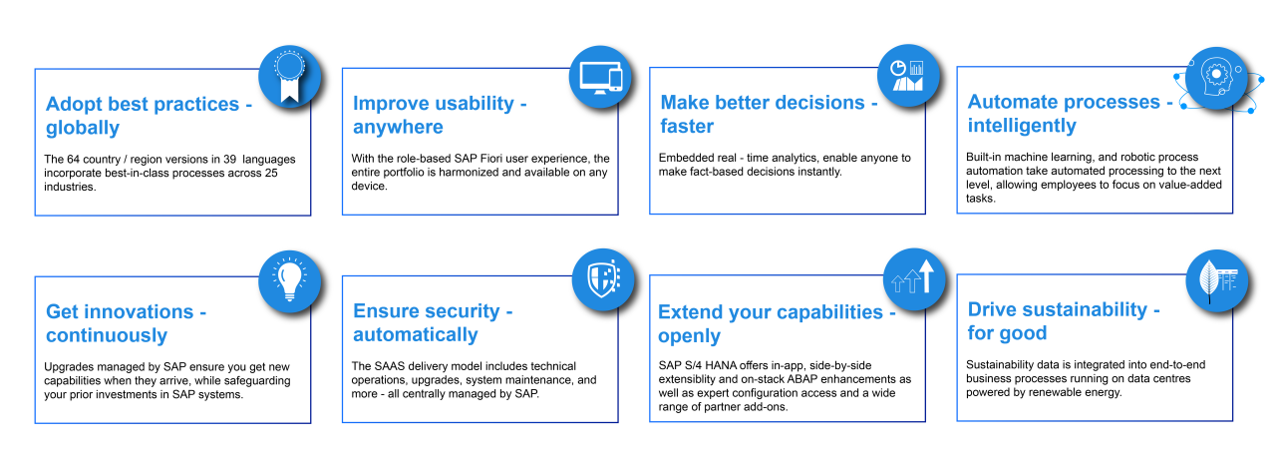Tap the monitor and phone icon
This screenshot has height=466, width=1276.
tap(600, 77)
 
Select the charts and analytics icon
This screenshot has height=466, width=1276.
tap(907, 75)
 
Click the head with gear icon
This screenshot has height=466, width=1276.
tap(1216, 79)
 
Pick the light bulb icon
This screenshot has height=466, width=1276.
tap(289, 279)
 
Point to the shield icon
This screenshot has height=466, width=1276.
tap(603, 278)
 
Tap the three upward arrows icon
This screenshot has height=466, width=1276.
tap(913, 276)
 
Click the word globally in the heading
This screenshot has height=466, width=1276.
tap(83, 129)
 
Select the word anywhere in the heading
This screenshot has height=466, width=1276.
tap(398, 127)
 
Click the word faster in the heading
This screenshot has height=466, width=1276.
tap(687, 126)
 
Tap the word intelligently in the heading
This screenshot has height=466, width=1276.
tap(1022, 126)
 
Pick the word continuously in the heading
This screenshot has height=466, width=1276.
tap(107, 336)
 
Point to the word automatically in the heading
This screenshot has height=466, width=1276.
tap(416, 335)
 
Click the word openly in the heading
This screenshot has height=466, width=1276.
tap(689, 336)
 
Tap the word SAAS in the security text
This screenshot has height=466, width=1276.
tap(390, 366)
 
